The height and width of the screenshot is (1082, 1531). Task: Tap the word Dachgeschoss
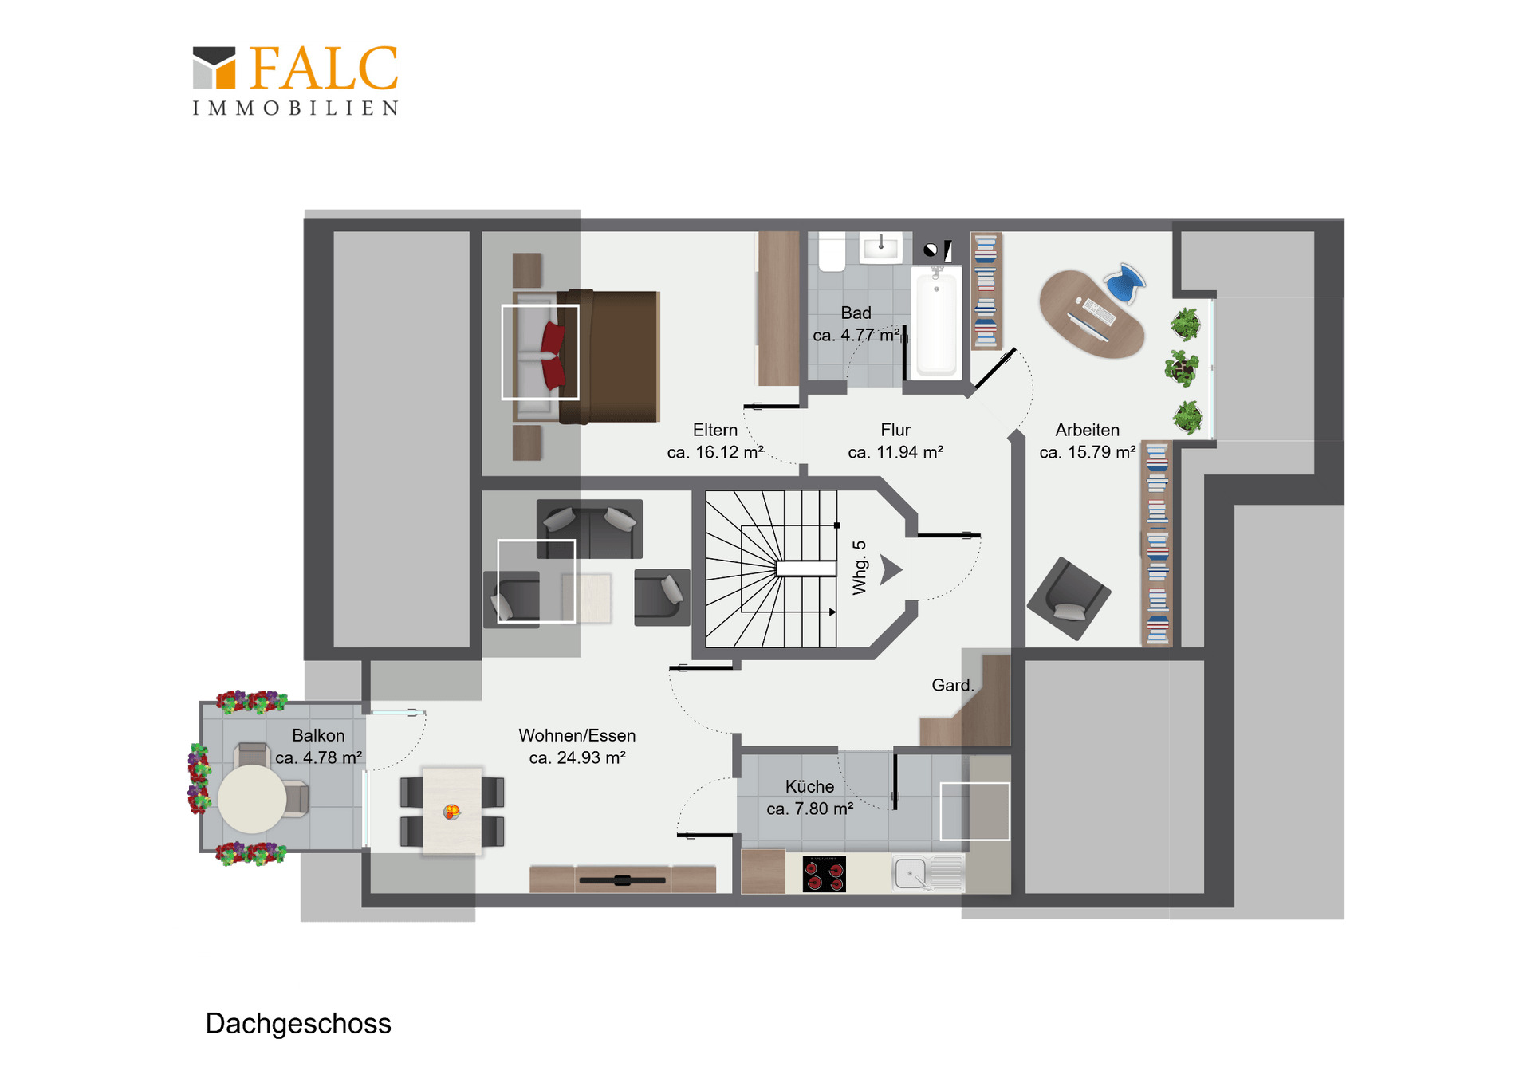tap(298, 1024)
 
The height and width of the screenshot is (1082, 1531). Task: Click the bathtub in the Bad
tap(936, 322)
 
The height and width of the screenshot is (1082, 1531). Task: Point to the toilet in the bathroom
tap(832, 252)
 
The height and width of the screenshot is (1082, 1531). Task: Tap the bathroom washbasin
tap(880, 247)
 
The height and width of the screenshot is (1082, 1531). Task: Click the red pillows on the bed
tap(553, 354)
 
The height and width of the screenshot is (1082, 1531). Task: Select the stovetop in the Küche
tap(824, 874)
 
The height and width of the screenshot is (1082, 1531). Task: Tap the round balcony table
tap(252, 799)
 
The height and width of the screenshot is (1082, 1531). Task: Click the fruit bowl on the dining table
tap(452, 812)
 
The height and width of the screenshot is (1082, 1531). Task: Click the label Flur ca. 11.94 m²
tap(895, 441)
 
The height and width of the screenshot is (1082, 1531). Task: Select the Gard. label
tap(953, 685)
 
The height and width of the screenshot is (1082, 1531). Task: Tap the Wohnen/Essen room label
tap(577, 746)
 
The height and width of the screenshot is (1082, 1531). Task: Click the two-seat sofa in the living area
tap(590, 529)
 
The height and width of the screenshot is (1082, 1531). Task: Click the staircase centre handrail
tap(805, 568)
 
